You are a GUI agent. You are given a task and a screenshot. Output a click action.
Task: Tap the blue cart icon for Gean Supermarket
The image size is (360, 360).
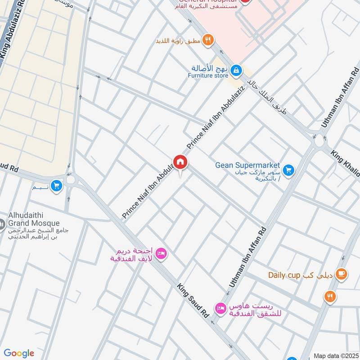coord(288,170)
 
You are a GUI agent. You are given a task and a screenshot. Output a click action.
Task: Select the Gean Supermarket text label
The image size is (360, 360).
coord(247,165)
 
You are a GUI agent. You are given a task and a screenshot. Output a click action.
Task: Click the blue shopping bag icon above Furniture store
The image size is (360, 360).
coord(236,71)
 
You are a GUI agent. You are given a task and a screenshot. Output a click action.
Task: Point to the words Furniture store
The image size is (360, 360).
coord(208,76)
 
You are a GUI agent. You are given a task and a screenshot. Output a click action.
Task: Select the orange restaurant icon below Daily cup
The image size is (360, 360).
coord(330,296)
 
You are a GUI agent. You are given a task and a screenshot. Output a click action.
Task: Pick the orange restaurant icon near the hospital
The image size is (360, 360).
coord(207,40)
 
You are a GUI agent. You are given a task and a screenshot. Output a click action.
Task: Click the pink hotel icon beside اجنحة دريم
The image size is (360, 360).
coord(162,254)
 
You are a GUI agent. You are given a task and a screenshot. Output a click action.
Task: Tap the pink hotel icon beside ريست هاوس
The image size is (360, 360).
coord(220,308)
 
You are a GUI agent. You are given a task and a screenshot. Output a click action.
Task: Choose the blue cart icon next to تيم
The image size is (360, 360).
coord(56,186)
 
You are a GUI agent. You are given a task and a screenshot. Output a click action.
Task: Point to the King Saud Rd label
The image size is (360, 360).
coord(193,301)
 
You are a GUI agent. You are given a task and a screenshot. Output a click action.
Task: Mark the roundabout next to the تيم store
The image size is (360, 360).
coord(71,180)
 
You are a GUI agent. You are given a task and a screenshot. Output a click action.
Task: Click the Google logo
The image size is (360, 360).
coord(19,353)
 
